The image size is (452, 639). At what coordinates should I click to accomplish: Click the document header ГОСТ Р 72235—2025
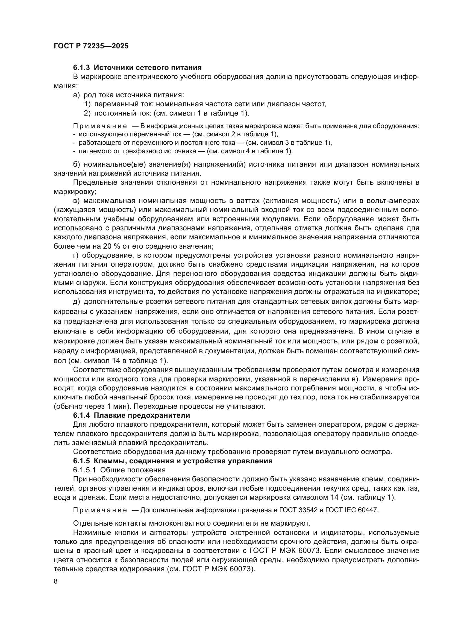pyautogui.click(x=91, y=46)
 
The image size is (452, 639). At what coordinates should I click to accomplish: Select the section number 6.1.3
pyautogui.click(x=81, y=67)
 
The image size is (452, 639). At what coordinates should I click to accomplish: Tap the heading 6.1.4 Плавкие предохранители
pyautogui.click(x=131, y=416)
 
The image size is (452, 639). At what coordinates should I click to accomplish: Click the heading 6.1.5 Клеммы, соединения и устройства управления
pyautogui.click(x=172, y=461)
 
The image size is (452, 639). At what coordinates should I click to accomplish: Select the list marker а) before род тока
pyautogui.click(x=76, y=95)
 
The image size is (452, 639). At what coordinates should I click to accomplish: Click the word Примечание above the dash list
pyautogui.click(x=100, y=126)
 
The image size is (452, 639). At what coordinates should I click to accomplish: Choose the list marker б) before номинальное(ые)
pyautogui.click(x=76, y=164)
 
